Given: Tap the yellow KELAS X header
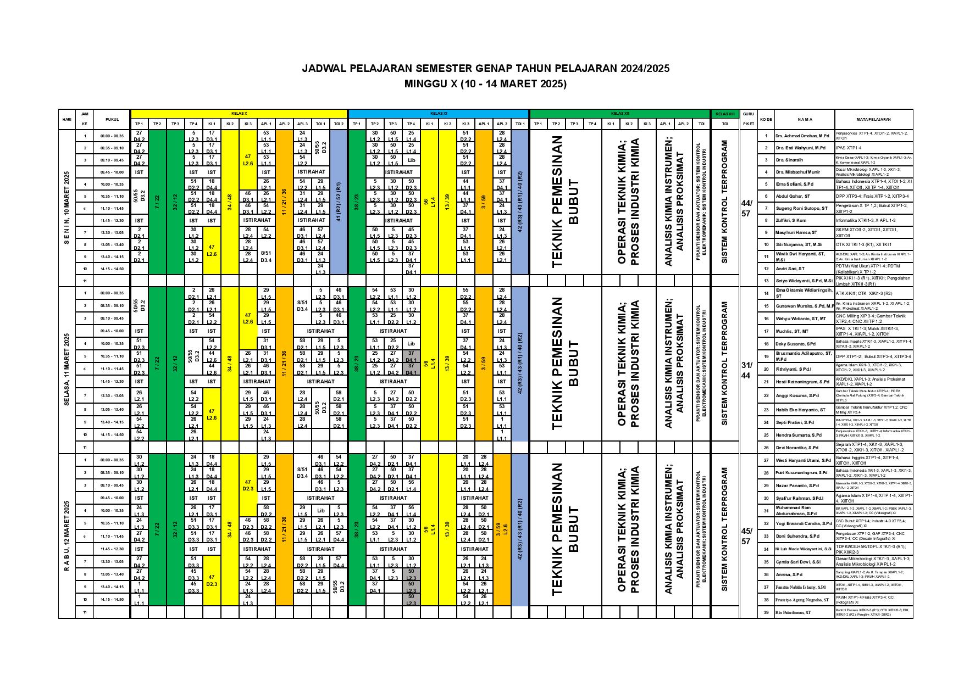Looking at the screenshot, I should [x=239, y=113].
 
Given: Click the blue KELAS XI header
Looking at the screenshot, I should [x=438, y=113].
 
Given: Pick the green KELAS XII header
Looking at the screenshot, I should [x=619, y=113].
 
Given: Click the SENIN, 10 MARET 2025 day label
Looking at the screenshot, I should [x=67, y=208].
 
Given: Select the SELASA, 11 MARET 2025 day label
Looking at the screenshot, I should [x=67, y=370].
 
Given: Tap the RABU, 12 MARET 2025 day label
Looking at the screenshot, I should [x=67, y=535].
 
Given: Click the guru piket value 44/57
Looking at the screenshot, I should [x=746, y=209].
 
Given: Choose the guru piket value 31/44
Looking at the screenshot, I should [x=746, y=370].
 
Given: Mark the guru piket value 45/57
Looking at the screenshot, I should [x=746, y=536].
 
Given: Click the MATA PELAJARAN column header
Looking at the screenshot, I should [x=873, y=119].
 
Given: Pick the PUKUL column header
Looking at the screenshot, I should [x=112, y=119].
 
